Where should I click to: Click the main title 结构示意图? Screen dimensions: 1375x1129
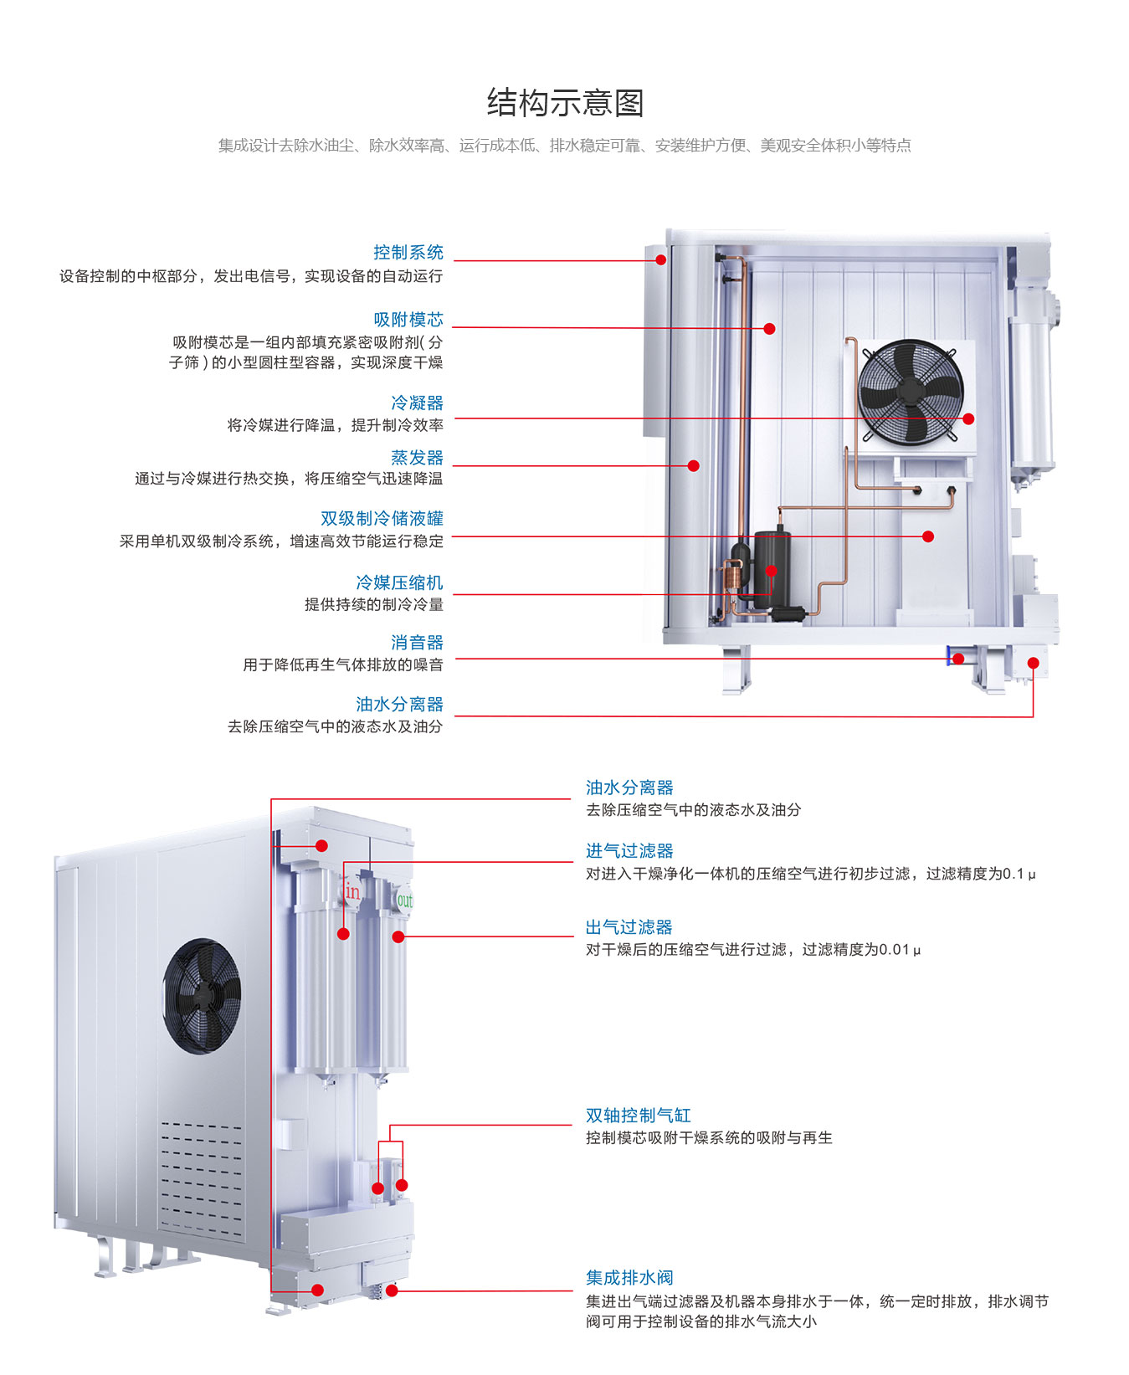(565, 103)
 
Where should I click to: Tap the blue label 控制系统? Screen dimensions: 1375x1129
(408, 252)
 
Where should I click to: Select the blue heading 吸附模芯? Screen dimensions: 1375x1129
(408, 319)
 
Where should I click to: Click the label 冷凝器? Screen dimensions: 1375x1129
(417, 403)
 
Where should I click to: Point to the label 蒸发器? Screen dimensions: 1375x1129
(417, 457)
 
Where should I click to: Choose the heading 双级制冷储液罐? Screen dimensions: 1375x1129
(382, 518)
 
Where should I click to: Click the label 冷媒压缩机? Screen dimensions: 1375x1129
(399, 582)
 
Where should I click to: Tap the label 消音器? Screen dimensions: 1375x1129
(417, 642)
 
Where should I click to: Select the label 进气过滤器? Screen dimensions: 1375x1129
(629, 850)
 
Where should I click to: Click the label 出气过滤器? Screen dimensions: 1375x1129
(629, 926)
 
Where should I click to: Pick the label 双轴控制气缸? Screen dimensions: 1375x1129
(638, 1115)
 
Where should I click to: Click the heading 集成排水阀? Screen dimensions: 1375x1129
(629, 1277)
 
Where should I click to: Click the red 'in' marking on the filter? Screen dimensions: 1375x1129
(352, 892)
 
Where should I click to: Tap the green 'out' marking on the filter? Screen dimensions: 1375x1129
(405, 900)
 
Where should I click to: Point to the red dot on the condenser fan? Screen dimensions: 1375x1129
(968, 418)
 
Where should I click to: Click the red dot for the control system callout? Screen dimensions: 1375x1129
(661, 260)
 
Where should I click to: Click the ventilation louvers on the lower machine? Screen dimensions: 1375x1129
(202, 1180)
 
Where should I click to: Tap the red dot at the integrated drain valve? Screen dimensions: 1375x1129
(392, 1290)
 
